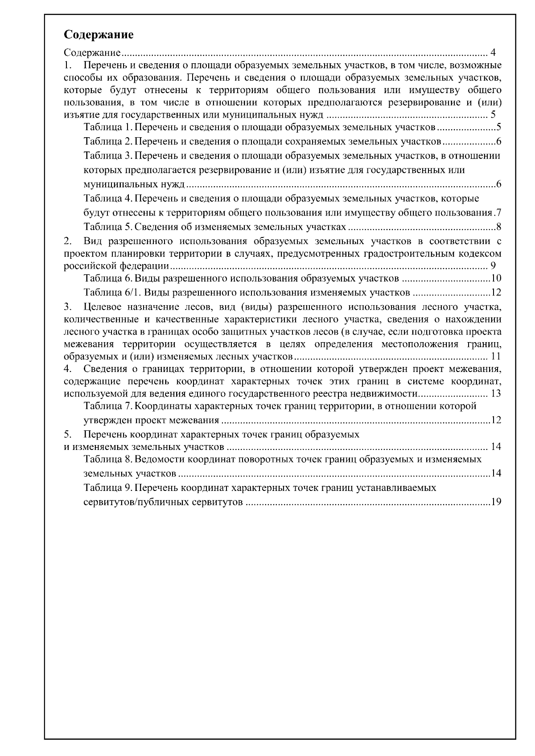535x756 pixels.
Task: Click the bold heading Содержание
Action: (99, 35)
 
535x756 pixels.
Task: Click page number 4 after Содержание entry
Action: (493, 53)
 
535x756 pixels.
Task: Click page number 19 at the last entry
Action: (496, 502)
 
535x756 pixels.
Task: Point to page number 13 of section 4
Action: (496, 394)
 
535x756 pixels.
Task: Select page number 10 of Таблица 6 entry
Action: (496, 279)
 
